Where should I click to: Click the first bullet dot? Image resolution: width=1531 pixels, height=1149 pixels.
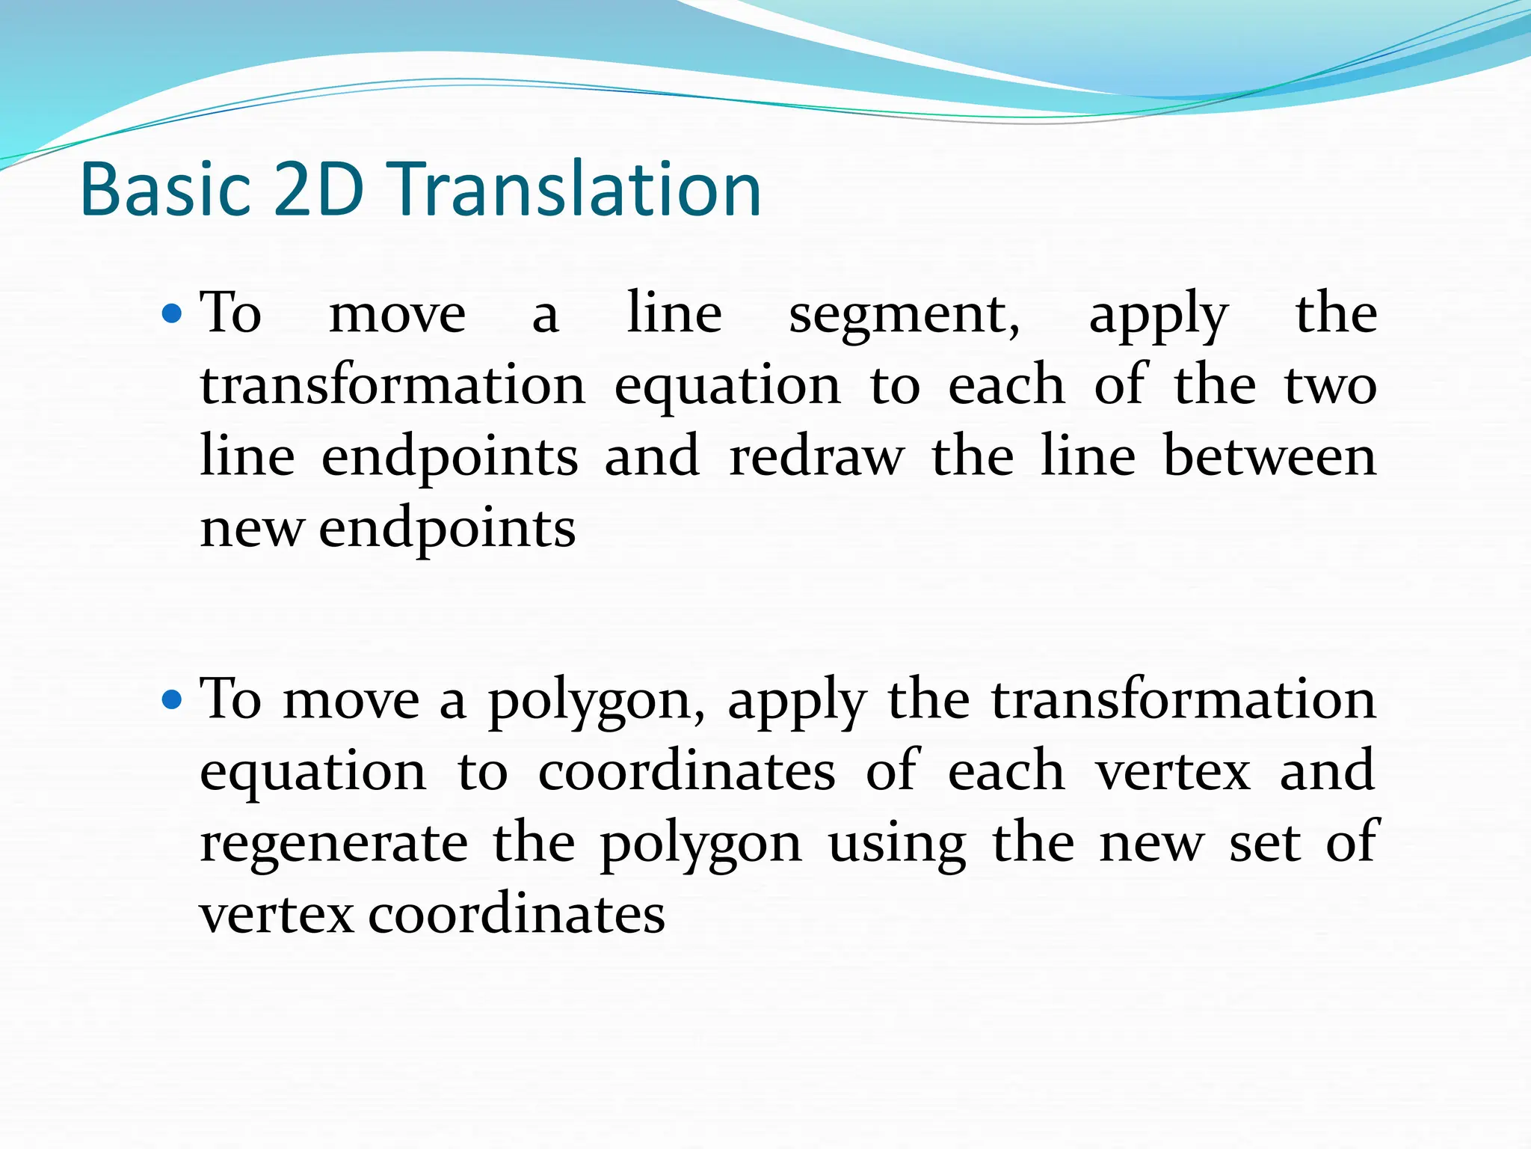[x=172, y=313]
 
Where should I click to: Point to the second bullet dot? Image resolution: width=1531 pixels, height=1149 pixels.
[x=172, y=700]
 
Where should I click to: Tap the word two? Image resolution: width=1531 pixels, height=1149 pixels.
[x=1330, y=387]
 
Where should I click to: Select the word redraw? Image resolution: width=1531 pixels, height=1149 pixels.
[x=816, y=457]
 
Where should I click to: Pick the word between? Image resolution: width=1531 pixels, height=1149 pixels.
[x=1270, y=457]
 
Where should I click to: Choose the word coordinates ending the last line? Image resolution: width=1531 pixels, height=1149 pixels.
[x=517, y=915]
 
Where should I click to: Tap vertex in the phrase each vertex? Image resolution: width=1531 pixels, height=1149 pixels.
[x=1173, y=772]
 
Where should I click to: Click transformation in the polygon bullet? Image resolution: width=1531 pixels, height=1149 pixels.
[x=1183, y=700]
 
